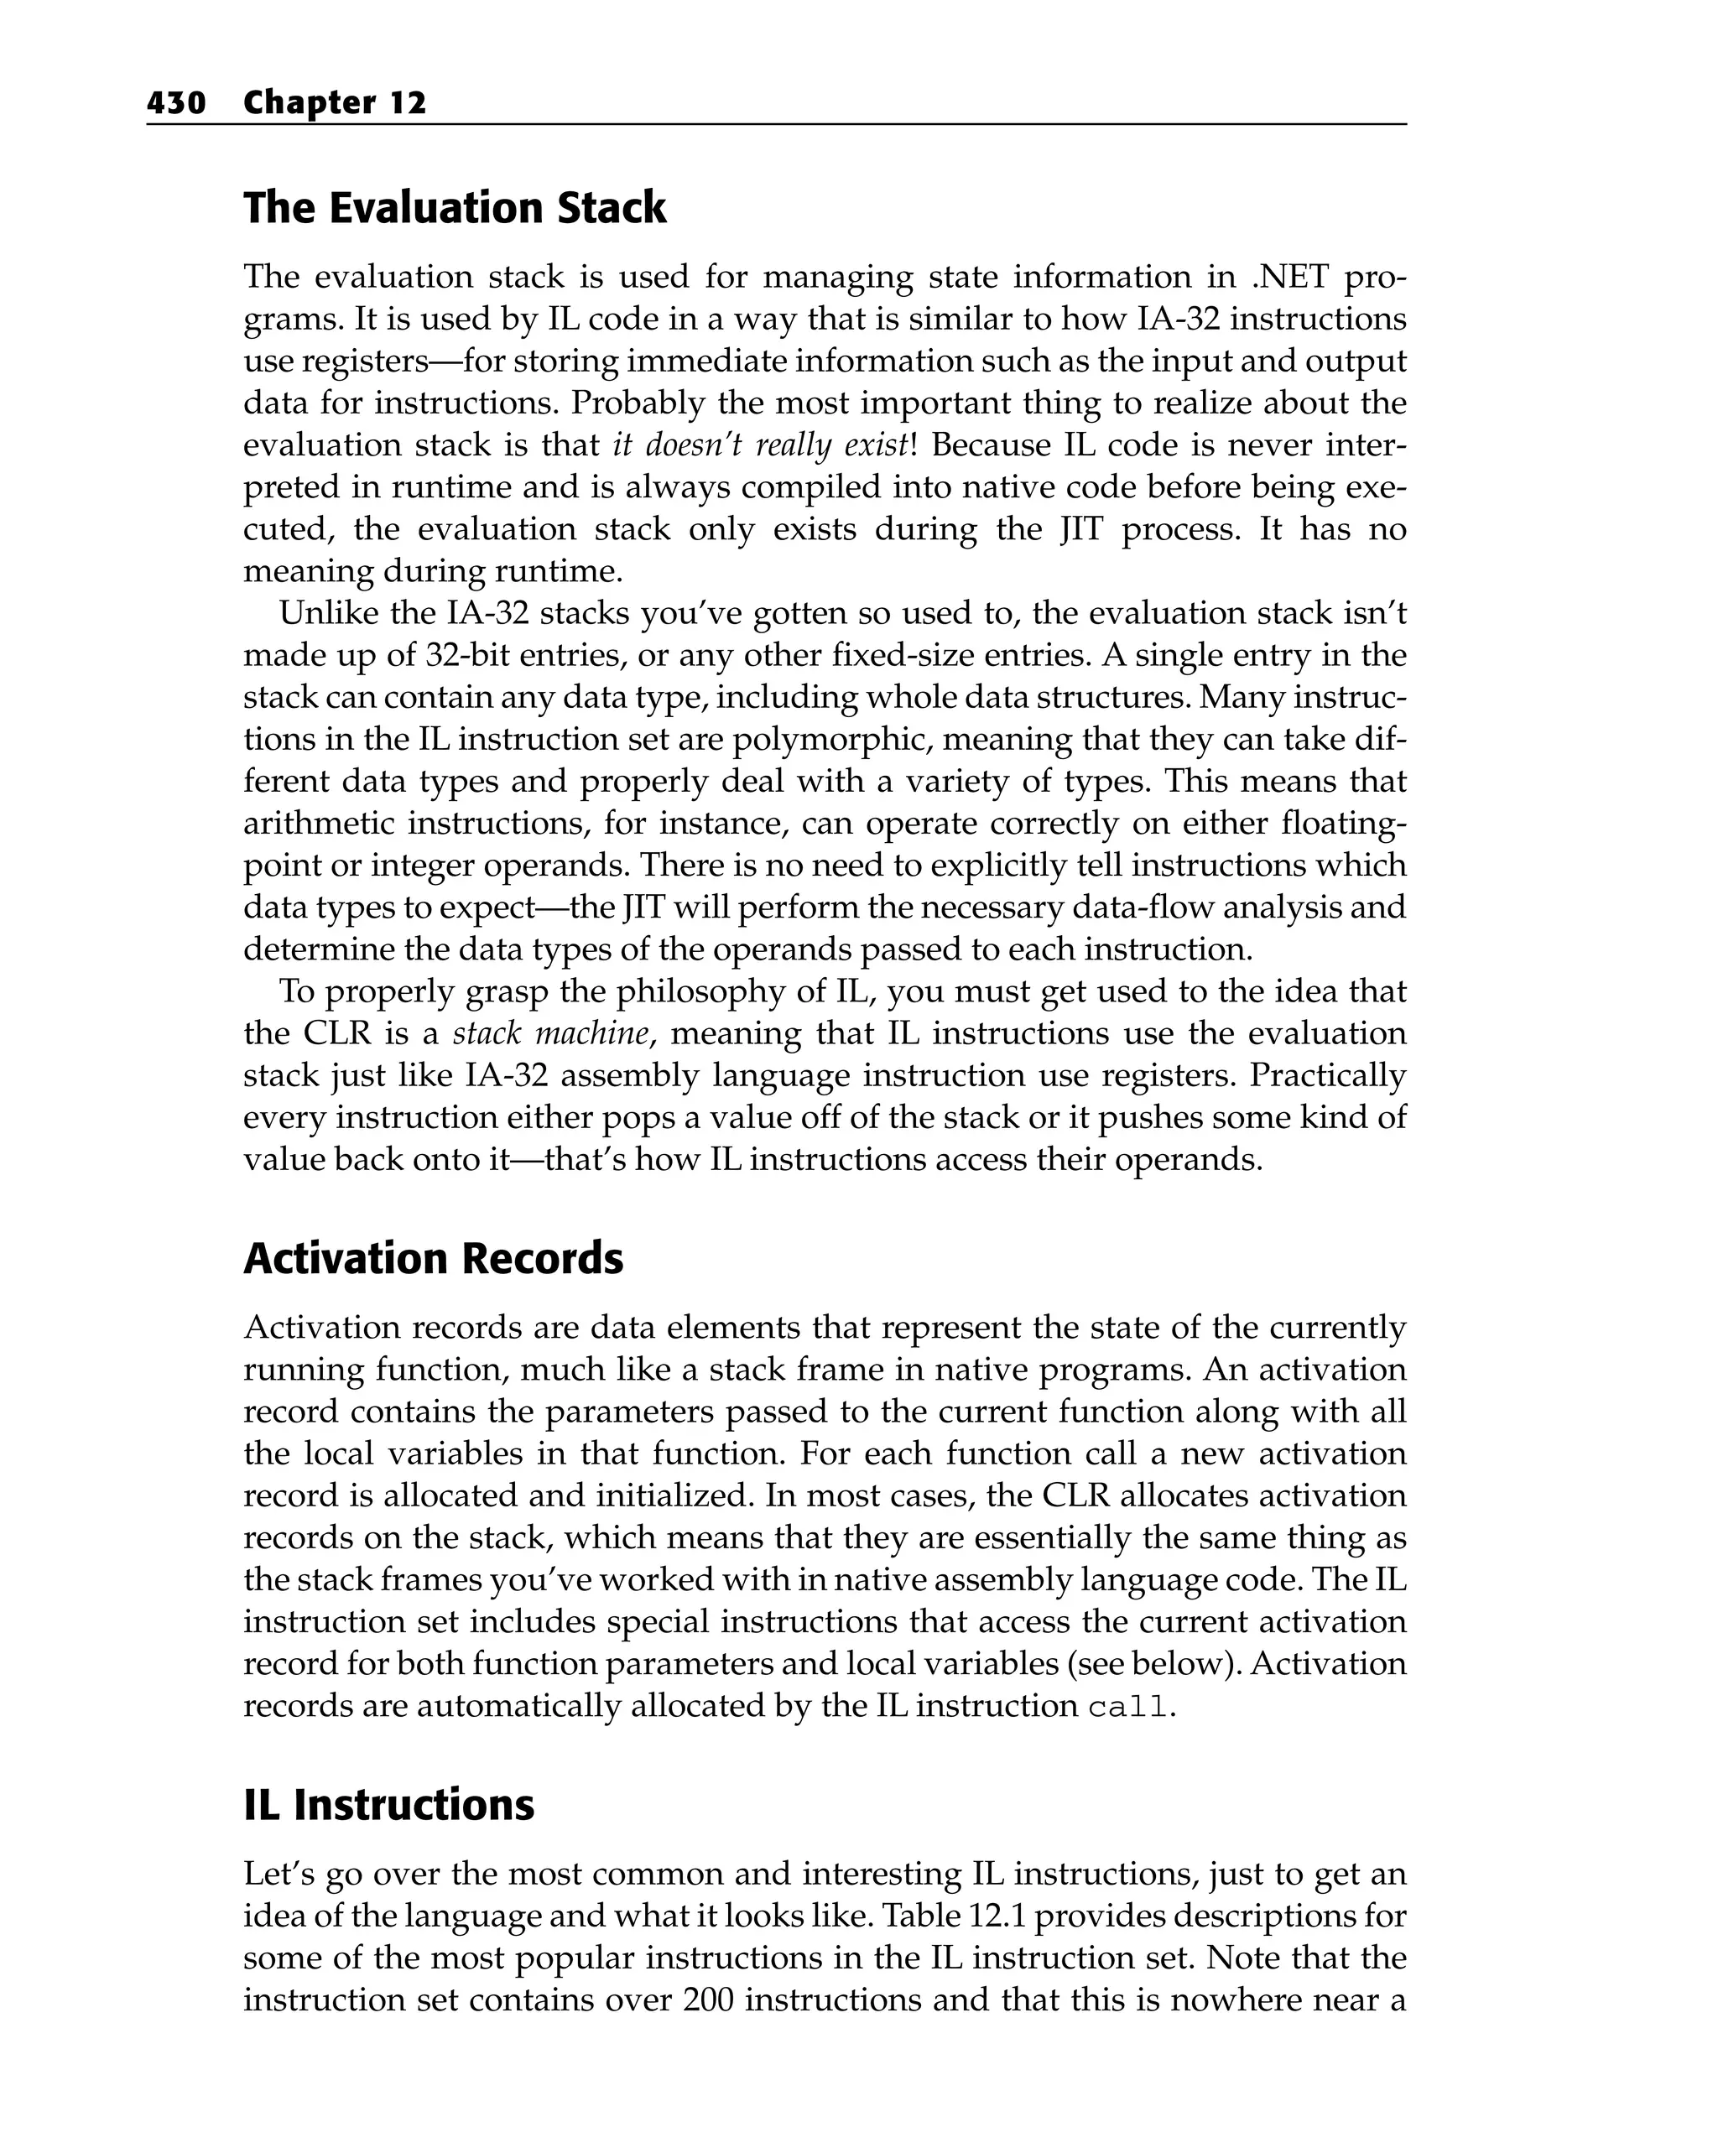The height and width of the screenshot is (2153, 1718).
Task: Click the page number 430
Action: (x=176, y=103)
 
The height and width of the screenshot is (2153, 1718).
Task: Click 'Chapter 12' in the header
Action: (x=335, y=103)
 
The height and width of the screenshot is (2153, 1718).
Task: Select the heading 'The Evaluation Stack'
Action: (x=455, y=208)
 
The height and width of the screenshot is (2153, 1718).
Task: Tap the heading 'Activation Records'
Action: (x=433, y=1258)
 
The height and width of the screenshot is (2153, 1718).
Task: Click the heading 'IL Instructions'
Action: (x=388, y=1804)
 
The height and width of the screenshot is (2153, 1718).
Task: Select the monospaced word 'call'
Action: (x=1127, y=1708)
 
